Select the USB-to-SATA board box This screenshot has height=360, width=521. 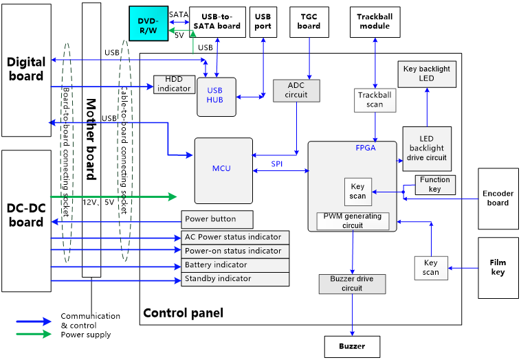point(217,21)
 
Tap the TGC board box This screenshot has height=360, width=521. point(309,21)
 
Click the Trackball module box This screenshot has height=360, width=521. point(375,21)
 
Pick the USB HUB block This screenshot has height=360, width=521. point(216,95)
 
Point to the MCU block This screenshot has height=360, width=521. point(223,170)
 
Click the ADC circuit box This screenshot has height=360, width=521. point(296,90)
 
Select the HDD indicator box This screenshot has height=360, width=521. point(174,84)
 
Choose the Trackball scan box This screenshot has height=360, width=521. point(375,100)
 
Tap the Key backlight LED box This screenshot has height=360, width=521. point(427,74)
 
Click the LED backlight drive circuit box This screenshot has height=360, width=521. point(427,148)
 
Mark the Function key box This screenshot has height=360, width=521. point(435,185)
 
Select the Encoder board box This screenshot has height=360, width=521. point(498,198)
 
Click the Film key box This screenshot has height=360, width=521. point(498,267)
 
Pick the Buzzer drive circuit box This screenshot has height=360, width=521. point(352,284)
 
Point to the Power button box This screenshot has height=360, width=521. point(217,219)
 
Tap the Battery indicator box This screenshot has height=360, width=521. point(235,265)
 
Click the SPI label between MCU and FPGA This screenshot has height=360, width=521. point(276,164)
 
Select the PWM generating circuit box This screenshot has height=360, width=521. point(353,221)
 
